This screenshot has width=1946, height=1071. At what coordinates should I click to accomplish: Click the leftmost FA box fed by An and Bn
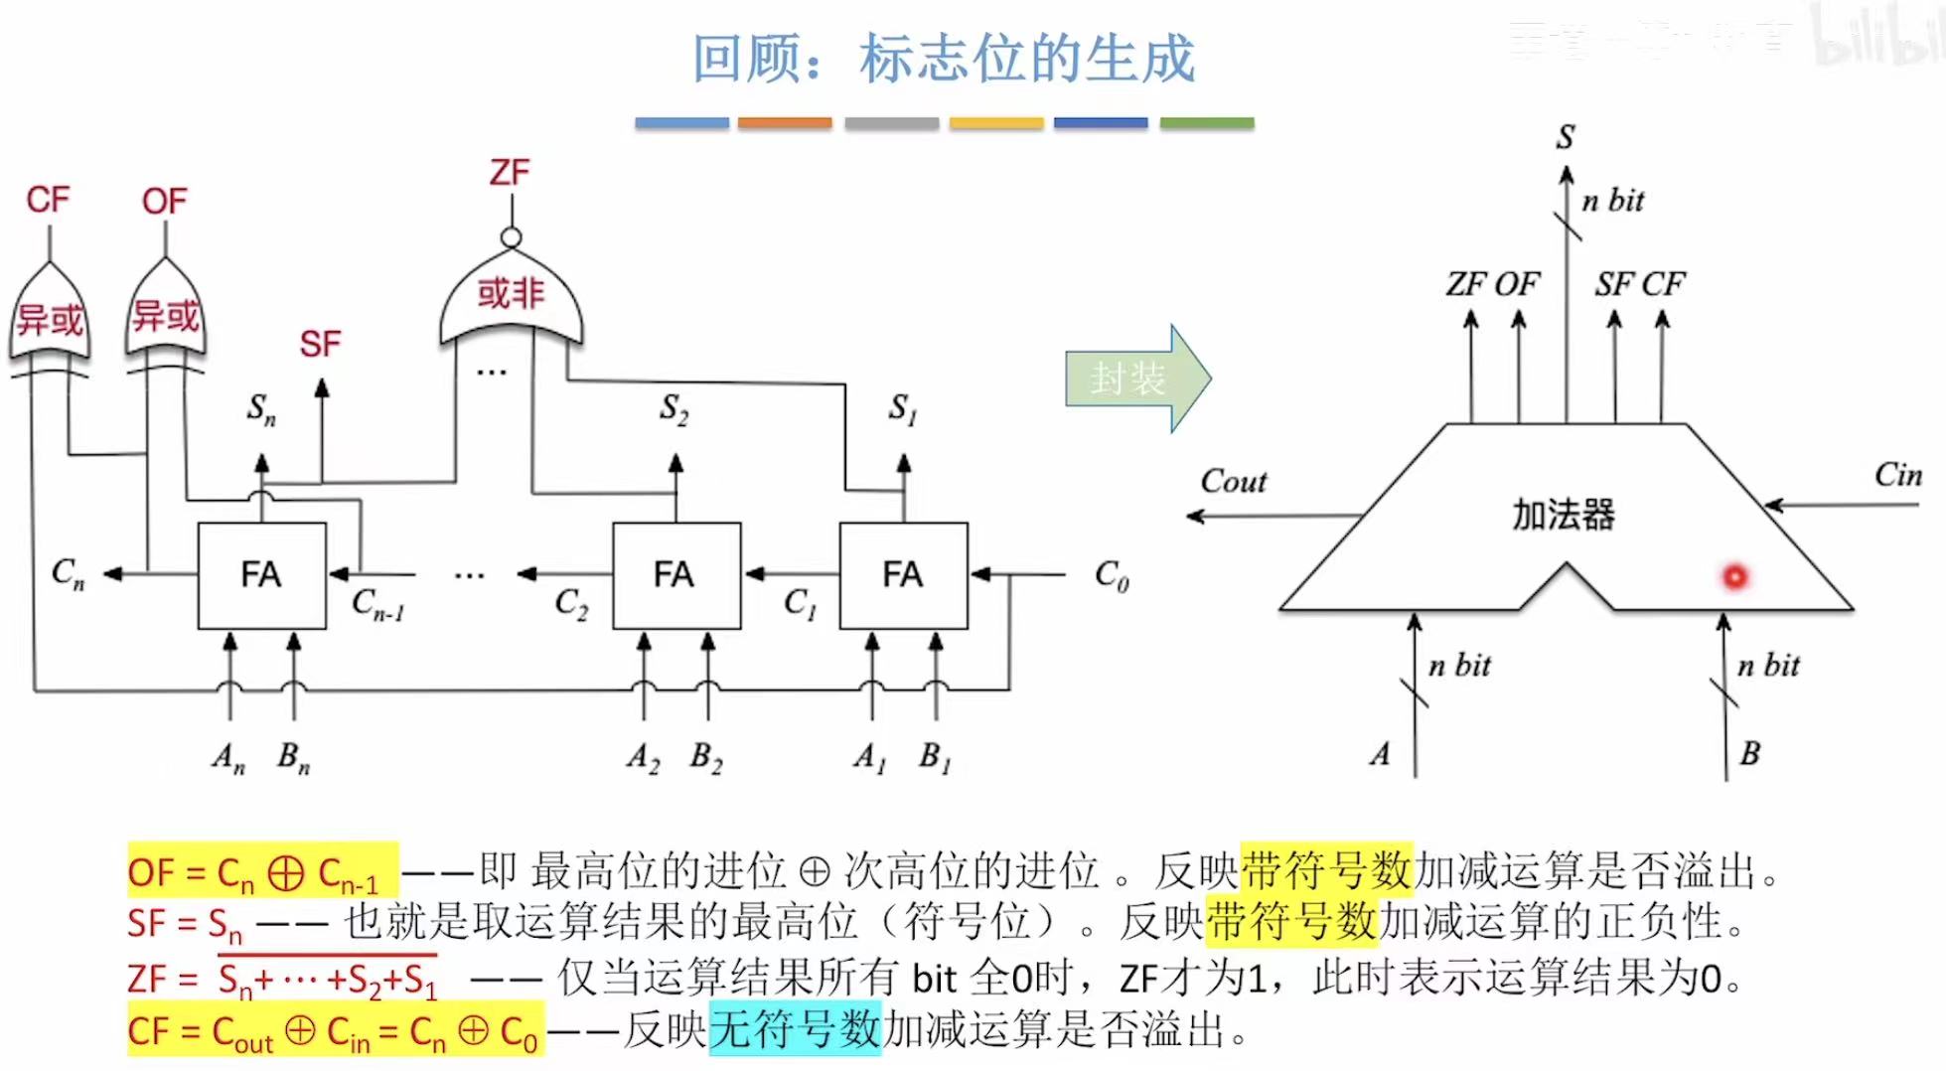[261, 575]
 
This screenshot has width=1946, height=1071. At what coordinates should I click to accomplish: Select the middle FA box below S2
[675, 575]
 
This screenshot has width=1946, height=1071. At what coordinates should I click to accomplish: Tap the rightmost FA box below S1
[903, 575]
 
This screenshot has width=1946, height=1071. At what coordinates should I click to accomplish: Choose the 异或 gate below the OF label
[166, 316]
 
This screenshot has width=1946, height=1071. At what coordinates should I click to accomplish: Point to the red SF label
[320, 345]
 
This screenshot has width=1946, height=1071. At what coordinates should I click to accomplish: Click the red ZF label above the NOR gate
[510, 173]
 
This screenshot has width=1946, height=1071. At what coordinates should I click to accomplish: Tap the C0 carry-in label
[1112, 575]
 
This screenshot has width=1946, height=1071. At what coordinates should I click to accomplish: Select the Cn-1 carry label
[377, 604]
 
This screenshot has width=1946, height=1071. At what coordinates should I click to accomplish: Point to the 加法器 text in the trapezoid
[1564, 515]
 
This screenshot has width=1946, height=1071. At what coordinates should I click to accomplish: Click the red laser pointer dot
[1734, 576]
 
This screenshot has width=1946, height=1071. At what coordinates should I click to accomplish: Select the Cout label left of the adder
[1234, 482]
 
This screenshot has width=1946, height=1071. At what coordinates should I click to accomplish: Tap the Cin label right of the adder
[1898, 475]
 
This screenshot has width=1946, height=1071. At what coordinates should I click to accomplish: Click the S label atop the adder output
[1566, 137]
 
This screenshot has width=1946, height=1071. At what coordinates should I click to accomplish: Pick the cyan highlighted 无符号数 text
[795, 1029]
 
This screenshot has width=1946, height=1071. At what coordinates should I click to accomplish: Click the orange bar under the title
[785, 123]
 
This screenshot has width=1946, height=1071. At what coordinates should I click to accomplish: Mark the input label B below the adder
[1749, 754]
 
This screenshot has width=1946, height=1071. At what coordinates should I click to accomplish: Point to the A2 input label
[643, 759]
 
